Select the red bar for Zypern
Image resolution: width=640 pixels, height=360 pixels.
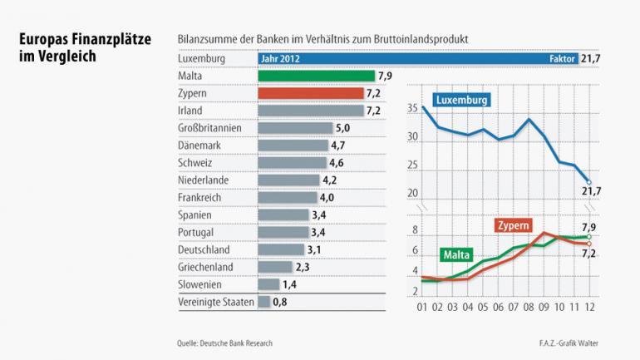pyautogui.click(x=310, y=93)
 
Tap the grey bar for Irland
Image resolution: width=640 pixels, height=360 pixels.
pyautogui.click(x=310, y=111)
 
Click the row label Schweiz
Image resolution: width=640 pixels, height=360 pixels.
pyautogui.click(x=195, y=163)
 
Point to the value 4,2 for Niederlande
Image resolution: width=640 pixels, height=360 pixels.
pyautogui.click(x=330, y=180)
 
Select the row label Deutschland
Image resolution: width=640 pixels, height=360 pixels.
pyautogui.click(x=204, y=249)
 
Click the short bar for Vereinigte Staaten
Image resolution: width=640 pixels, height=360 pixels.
pyautogui.click(x=264, y=302)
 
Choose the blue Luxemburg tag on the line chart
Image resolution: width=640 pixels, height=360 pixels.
pyautogui.click(x=460, y=100)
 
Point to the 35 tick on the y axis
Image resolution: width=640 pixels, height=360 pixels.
pyautogui.click(x=413, y=109)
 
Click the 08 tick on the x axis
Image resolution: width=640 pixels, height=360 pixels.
pyautogui.click(x=528, y=308)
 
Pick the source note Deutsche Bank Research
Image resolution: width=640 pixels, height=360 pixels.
pyautogui.click(x=224, y=343)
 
